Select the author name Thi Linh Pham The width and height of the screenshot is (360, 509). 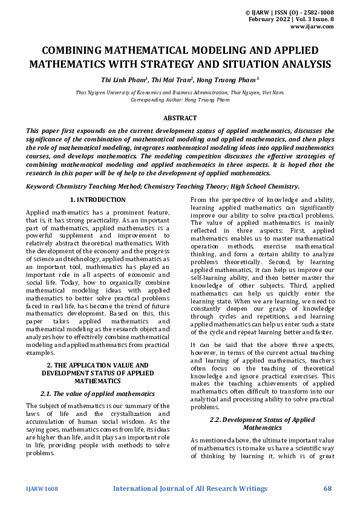click(x=124, y=79)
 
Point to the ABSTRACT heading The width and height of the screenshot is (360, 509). click(x=180, y=118)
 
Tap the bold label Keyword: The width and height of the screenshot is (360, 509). click(x=43, y=187)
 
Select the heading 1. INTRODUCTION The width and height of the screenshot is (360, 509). click(x=97, y=199)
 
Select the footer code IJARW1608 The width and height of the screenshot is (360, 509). click(x=42, y=488)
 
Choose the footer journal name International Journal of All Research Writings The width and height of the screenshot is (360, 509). click(x=191, y=488)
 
